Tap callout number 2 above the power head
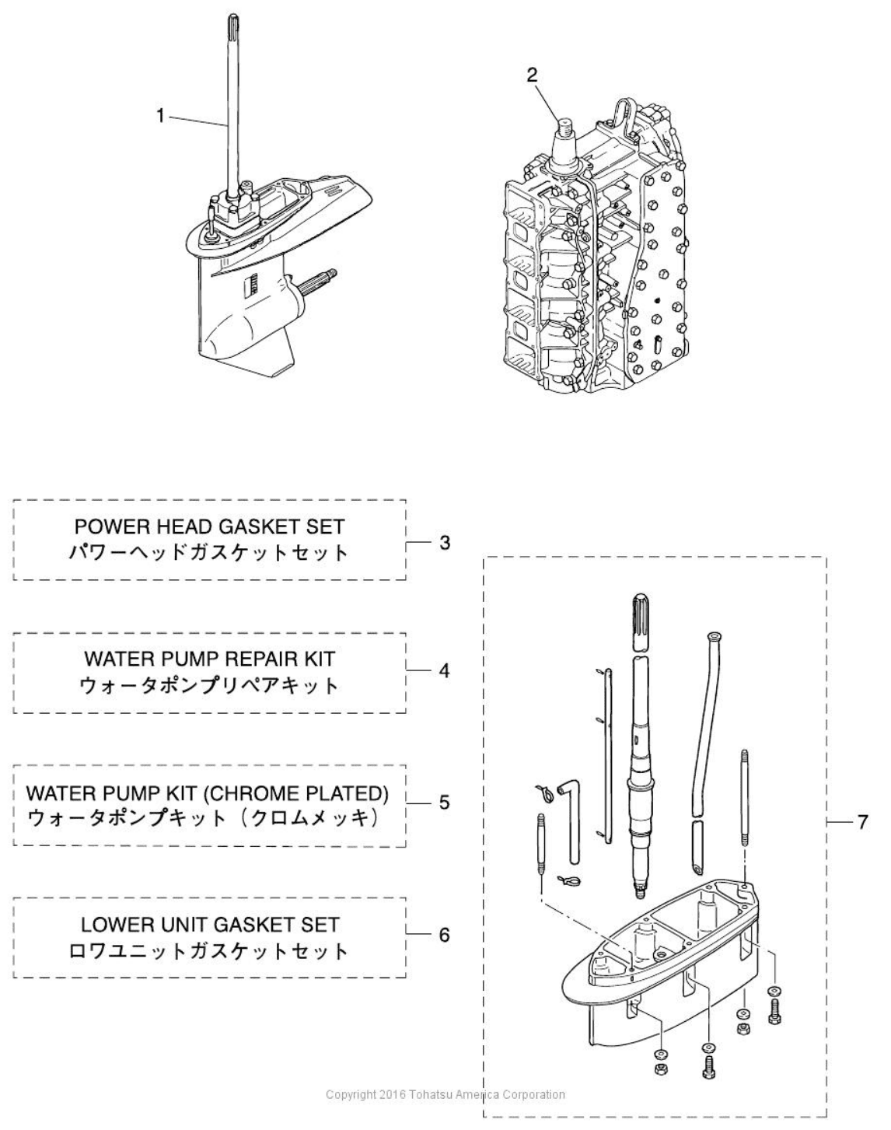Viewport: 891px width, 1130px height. point(532,75)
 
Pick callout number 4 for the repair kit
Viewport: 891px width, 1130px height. point(445,670)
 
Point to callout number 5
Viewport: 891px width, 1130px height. point(445,802)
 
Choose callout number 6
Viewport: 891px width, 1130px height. point(445,934)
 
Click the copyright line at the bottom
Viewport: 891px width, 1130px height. point(445,1094)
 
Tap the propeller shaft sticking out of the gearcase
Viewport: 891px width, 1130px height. point(316,279)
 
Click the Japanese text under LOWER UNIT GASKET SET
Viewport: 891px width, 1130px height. point(210,951)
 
